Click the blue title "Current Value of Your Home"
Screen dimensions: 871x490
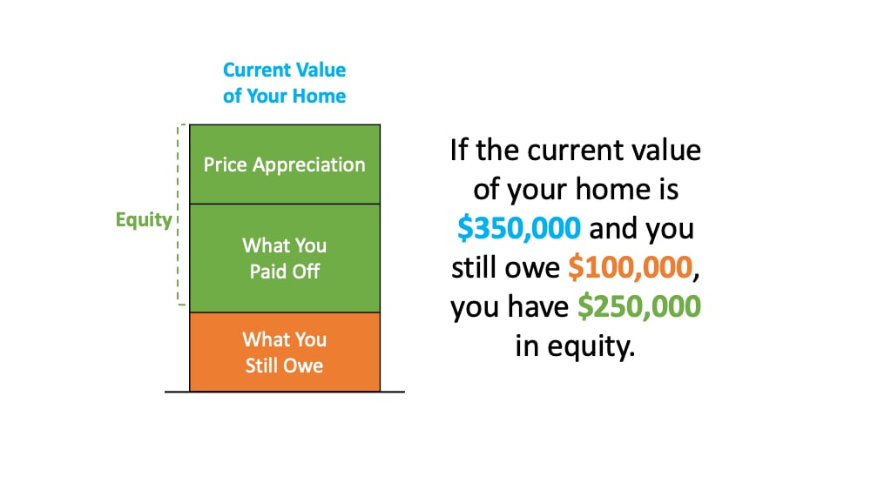click(285, 83)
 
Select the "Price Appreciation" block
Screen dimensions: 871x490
click(285, 164)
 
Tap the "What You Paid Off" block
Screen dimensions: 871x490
click(285, 258)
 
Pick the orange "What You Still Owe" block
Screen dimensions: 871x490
click(285, 352)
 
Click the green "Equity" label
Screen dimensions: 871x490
click(144, 219)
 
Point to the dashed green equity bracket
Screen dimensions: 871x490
click(179, 215)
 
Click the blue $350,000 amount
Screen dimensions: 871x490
click(519, 228)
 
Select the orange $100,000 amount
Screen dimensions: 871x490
click(631, 267)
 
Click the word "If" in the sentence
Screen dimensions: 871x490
click(459, 150)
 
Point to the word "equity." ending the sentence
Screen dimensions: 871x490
click(591, 346)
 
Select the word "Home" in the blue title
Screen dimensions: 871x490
click(319, 96)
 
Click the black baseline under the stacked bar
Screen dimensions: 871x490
click(285, 392)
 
